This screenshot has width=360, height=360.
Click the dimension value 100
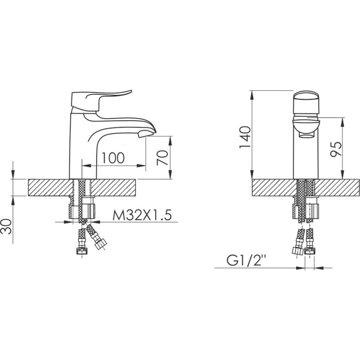(113, 158)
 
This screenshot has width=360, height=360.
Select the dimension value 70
(162, 157)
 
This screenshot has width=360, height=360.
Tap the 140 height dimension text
(245, 137)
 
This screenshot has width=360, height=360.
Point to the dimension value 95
(336, 149)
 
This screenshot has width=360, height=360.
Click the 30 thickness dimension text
(6, 227)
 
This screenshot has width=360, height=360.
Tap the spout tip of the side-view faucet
(147, 134)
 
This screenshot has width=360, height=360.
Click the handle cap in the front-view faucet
(306, 102)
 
